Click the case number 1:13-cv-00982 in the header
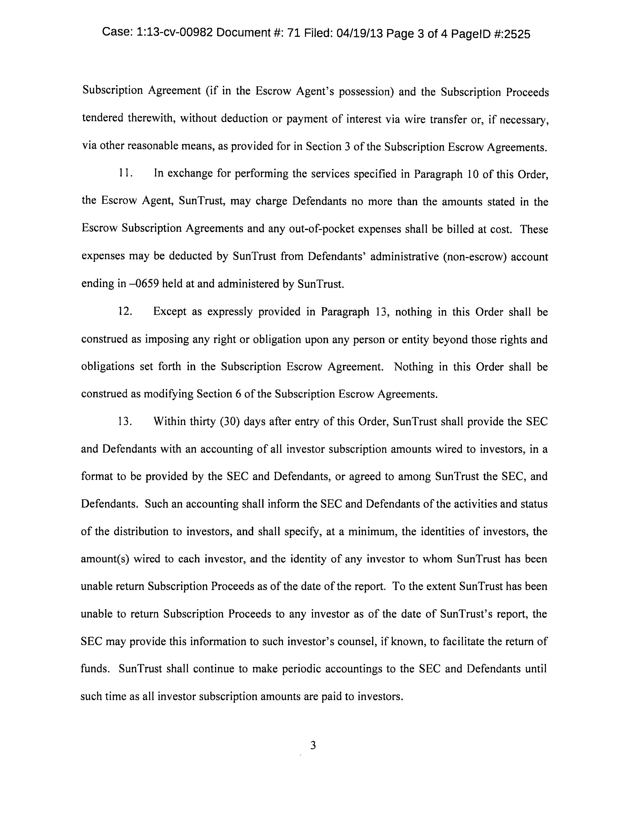pos(175,33)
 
